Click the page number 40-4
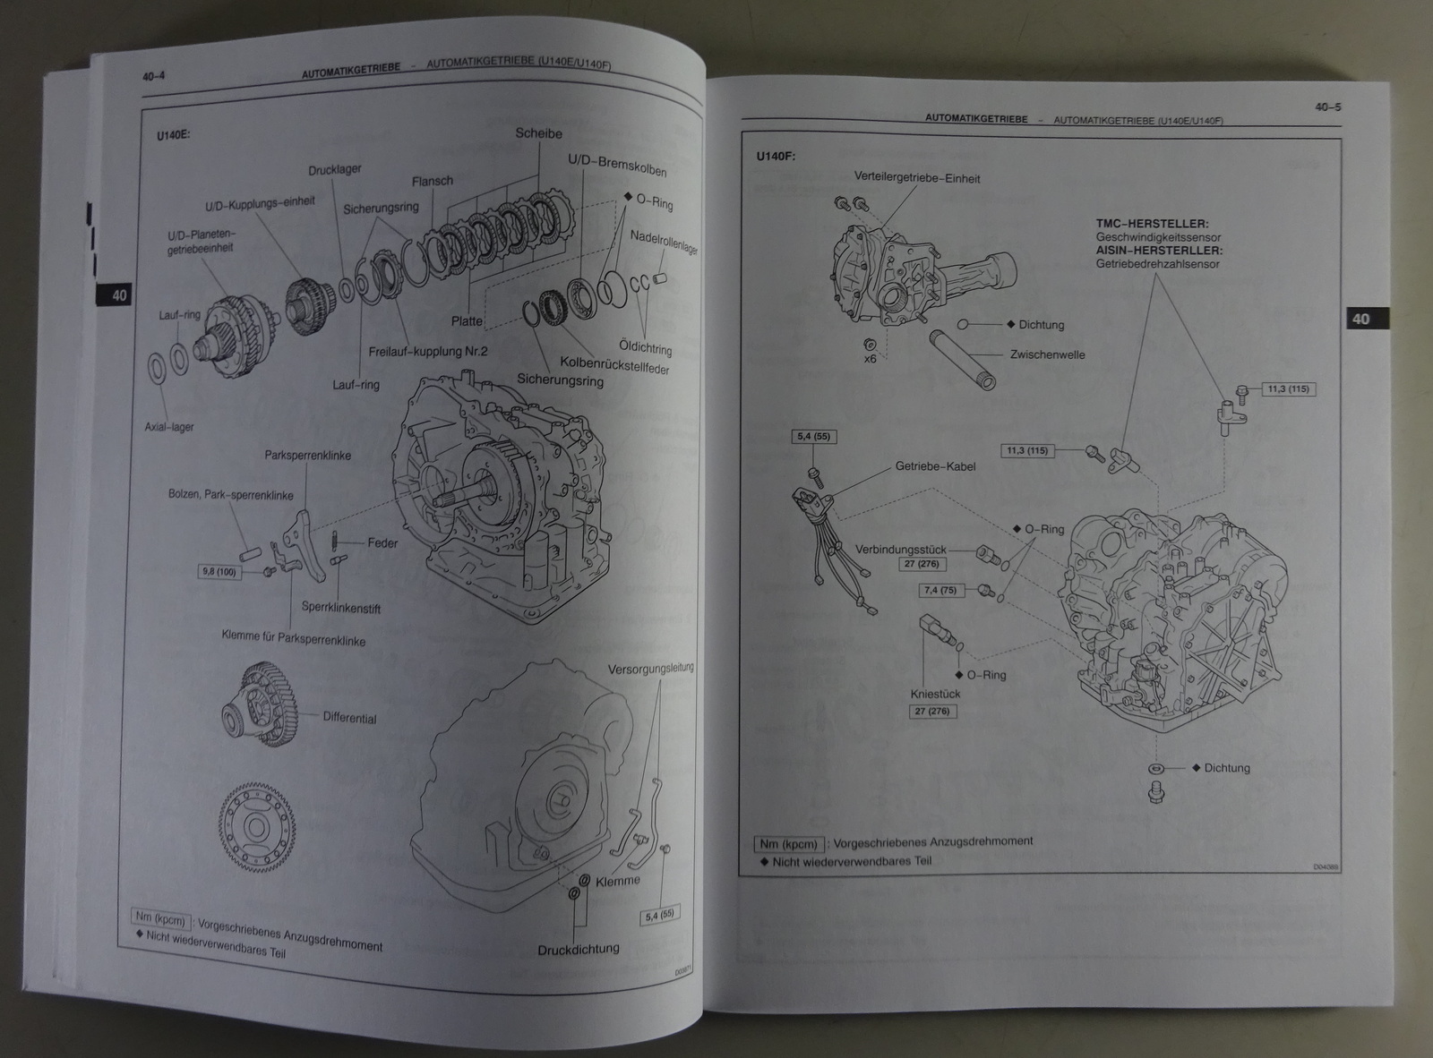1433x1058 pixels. (x=153, y=77)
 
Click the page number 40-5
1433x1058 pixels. (x=1326, y=107)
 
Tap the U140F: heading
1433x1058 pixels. (x=776, y=156)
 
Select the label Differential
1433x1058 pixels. (x=349, y=718)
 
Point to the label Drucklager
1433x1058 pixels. (x=334, y=170)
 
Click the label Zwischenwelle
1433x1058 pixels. (x=1047, y=354)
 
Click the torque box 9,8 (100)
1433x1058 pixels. (x=219, y=571)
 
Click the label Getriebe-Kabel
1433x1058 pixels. (x=935, y=466)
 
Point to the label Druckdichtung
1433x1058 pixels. (x=579, y=948)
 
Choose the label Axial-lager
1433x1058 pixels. (x=169, y=427)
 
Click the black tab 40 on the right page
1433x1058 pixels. (x=1360, y=319)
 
